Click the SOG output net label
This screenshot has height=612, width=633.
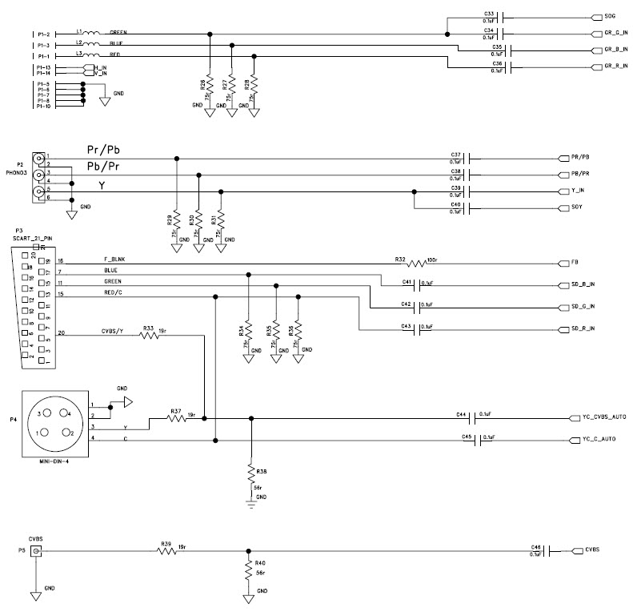(609, 16)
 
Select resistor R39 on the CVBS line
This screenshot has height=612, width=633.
(167, 550)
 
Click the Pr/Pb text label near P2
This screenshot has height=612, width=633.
(103, 150)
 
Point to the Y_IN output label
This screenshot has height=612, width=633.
(579, 191)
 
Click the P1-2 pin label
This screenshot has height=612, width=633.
(43, 34)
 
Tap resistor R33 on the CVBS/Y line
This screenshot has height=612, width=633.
(150, 336)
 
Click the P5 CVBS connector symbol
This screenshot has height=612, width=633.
(36, 550)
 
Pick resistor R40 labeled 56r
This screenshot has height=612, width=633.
(251, 570)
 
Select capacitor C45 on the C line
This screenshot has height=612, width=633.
(478, 439)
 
